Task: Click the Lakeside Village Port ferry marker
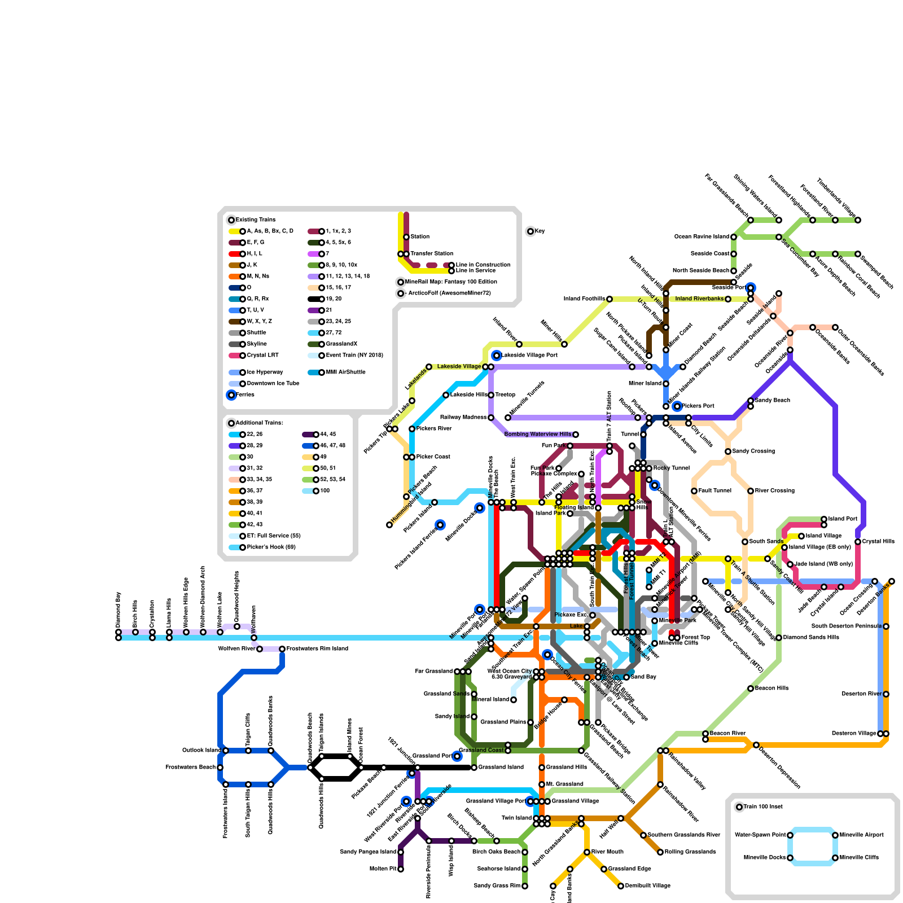(x=497, y=356)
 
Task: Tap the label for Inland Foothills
(x=584, y=299)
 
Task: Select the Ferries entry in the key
(x=245, y=395)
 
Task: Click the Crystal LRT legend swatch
(x=235, y=356)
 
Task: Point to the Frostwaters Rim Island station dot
(x=282, y=649)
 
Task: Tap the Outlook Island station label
(x=201, y=751)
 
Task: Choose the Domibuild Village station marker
(x=621, y=886)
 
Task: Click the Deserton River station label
(x=862, y=694)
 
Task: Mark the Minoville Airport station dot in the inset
(x=835, y=835)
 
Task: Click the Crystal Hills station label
(x=878, y=542)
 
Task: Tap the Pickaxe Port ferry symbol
(x=677, y=406)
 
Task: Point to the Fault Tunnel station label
(x=715, y=491)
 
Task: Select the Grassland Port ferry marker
(x=457, y=756)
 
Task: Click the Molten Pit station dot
(x=401, y=869)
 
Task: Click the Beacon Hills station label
(x=772, y=689)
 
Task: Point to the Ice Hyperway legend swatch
(x=235, y=372)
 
